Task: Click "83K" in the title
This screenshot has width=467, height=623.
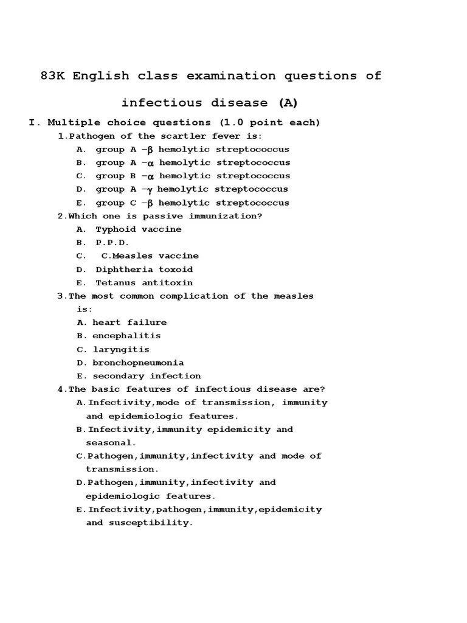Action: click(54, 76)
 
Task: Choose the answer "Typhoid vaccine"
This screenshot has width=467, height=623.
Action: click(139, 229)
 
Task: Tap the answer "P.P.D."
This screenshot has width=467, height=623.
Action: click(112, 243)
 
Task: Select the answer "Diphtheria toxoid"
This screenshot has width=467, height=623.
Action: click(144, 270)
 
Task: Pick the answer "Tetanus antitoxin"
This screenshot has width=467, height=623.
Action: click(144, 283)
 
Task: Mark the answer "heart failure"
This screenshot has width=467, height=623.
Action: click(130, 322)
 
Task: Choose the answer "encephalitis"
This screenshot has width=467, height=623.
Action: click(126, 336)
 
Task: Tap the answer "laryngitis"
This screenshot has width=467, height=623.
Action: click(120, 350)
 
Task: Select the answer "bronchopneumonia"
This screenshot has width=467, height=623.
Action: click(138, 363)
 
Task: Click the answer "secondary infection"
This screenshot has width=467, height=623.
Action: click(147, 376)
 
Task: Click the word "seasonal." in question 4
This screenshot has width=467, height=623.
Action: click(111, 443)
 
